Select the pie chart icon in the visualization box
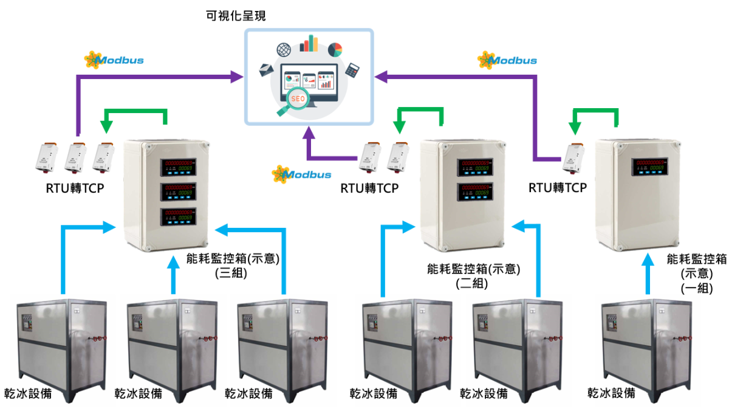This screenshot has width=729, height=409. (335, 49)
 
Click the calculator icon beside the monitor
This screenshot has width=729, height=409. (352, 69)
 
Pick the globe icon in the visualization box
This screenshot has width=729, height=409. (283, 49)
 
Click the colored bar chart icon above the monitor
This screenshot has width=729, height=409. (309, 43)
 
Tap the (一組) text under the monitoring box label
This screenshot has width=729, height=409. (697, 288)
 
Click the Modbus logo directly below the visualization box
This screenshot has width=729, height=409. (301, 174)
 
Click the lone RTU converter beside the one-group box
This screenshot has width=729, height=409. (572, 157)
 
